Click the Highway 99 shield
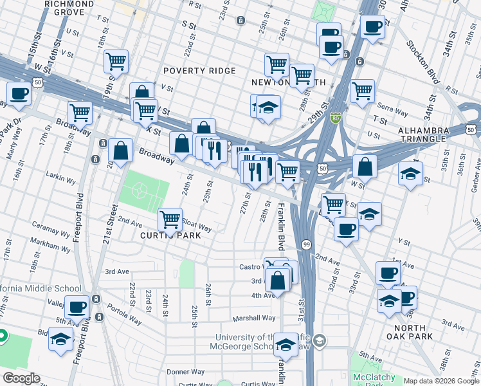306,244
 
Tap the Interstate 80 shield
335,119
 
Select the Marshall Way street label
254,318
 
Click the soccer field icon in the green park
141,191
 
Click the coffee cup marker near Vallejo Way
77,307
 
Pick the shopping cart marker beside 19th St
116,62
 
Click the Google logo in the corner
22,378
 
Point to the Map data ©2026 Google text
440,381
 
